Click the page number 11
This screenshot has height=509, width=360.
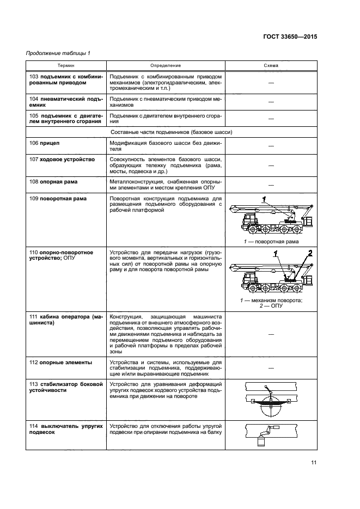pyautogui.click(x=314, y=463)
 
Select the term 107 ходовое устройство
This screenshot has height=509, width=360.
pyautogui.click(x=62, y=159)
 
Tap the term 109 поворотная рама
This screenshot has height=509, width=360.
pyautogui.click(x=58, y=199)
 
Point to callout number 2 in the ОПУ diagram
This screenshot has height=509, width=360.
pyautogui.click(x=309, y=253)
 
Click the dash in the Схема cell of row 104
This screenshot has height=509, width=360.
pyautogui.click(x=271, y=102)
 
